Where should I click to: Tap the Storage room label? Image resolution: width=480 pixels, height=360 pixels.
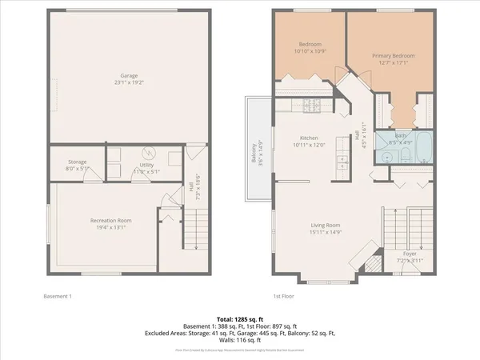tap(77, 166)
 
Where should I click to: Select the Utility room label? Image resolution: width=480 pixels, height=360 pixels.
tap(146, 170)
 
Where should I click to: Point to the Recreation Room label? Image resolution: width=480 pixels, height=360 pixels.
tap(110, 224)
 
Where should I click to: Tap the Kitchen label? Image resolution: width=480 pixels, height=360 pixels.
tap(310, 140)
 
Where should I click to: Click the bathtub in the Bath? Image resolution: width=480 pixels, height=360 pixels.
tap(421, 149)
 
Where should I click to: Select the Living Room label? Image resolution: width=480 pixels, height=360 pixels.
tap(326, 229)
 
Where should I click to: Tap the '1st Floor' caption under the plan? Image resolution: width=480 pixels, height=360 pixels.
tap(283, 297)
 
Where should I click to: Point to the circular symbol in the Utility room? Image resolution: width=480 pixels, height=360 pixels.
tap(146, 153)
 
